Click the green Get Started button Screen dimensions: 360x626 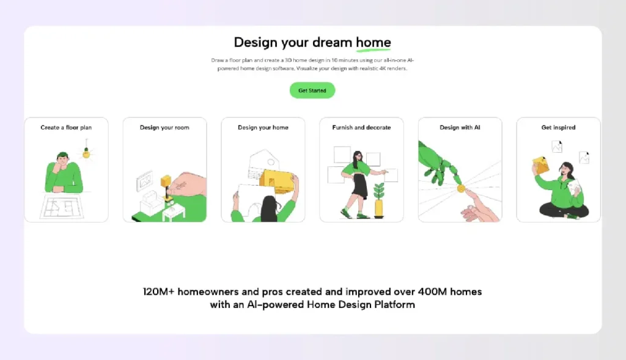pyautogui.click(x=312, y=90)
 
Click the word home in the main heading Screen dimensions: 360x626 pyautogui.click(x=374, y=42)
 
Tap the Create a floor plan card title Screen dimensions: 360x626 pyautogui.click(x=66, y=128)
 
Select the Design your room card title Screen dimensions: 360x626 pyautogui.click(x=164, y=128)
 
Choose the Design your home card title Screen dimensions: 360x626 pyautogui.click(x=263, y=128)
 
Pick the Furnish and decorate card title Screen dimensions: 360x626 pyautogui.click(x=361, y=128)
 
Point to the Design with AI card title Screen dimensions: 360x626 pyautogui.click(x=460, y=128)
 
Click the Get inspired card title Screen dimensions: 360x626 pyautogui.click(x=558, y=128)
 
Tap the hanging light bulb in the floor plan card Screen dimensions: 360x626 pyautogui.click(x=86, y=153)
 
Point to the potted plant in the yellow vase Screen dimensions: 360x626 pyautogui.click(x=379, y=201)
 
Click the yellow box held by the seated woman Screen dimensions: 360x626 pyautogui.click(x=541, y=164)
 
